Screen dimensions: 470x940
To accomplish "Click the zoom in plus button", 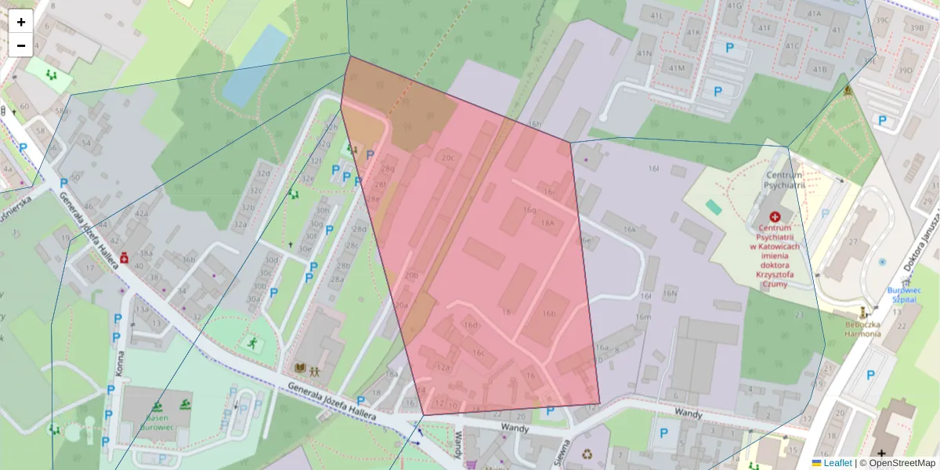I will coord(21,21).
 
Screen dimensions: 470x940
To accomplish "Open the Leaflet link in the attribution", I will coord(837,463).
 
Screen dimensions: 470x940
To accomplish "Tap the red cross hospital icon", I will coord(775,216).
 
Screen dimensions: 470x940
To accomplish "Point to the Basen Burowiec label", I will coord(161,416).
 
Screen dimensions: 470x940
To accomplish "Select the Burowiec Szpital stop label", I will coord(903,295).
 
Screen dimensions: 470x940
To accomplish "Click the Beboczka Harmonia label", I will coord(862,329).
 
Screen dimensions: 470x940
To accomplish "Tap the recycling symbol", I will coord(587,453).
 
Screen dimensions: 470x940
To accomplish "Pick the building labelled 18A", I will coord(547,222).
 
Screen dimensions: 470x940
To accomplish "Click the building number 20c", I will coord(447,157).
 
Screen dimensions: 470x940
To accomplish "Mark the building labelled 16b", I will coord(548,313).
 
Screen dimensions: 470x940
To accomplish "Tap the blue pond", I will coord(255,65).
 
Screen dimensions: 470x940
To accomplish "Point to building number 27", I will coord(852,242).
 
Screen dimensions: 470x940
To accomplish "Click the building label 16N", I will coord(670,293).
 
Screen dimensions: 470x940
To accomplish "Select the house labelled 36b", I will coord(188,259).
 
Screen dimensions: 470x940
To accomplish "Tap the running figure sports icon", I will coord(252,342).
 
